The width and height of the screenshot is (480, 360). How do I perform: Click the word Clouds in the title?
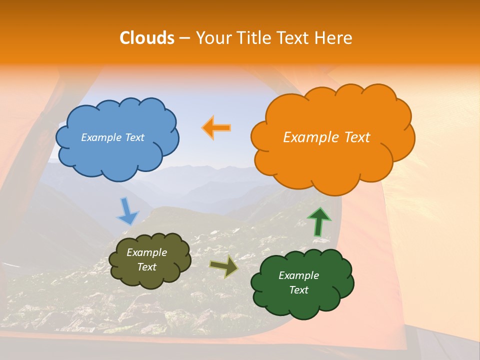pyautogui.click(x=147, y=38)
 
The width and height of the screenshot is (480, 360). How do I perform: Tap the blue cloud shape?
pyautogui.click(x=117, y=155)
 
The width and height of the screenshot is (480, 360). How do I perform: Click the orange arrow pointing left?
pyautogui.click(x=216, y=128)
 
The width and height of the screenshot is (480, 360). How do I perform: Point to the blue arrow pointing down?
pyautogui.click(x=127, y=211)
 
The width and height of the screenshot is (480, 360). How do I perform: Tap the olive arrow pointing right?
pyautogui.click(x=224, y=266)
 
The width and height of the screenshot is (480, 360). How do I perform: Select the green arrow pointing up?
pyautogui.click(x=318, y=222)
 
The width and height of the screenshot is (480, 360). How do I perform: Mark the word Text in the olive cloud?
pyautogui.click(x=147, y=267)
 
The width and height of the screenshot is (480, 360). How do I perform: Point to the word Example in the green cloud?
pyautogui.click(x=298, y=275)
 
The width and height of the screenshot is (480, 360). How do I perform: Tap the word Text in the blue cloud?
pyautogui.click(x=134, y=137)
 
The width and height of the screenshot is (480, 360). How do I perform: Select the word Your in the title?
pyautogui.click(x=210, y=38)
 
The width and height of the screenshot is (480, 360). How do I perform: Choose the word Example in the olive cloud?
pyautogui.click(x=147, y=252)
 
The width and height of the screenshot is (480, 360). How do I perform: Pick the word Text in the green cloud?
pyautogui.click(x=298, y=290)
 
